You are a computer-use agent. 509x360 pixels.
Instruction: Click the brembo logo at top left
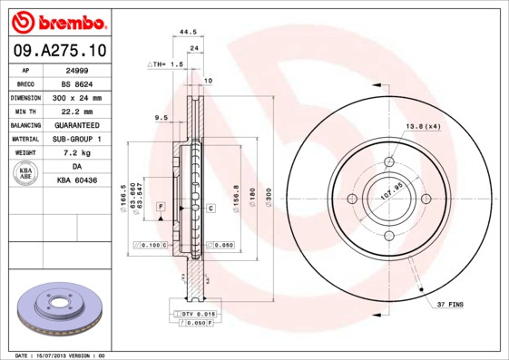click(x=58, y=22)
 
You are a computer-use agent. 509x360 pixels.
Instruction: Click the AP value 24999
click(x=76, y=69)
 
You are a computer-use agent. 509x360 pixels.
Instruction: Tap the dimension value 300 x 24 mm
click(x=76, y=97)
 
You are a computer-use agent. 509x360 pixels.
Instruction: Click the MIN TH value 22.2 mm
click(x=76, y=111)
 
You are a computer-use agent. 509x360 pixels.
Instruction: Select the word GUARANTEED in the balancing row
click(x=76, y=124)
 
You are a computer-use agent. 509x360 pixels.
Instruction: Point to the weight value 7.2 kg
click(x=76, y=152)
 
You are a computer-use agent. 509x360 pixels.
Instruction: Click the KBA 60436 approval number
click(x=76, y=180)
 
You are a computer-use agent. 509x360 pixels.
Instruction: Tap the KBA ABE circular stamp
click(x=26, y=173)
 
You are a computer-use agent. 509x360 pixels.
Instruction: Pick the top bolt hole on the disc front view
click(x=389, y=161)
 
